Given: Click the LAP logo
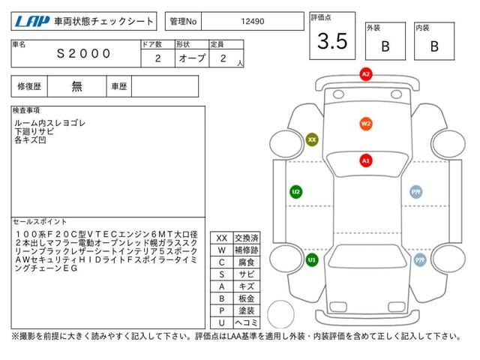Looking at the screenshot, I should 33,22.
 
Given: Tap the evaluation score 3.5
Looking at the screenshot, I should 332,42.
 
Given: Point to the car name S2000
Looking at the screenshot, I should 84,53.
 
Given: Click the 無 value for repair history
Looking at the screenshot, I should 77,86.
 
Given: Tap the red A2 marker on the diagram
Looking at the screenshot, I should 366,74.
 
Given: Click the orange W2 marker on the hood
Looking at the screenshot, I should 366,124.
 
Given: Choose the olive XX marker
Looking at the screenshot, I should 312,139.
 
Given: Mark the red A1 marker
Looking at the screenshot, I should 366,160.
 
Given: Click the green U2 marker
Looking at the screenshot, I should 296,192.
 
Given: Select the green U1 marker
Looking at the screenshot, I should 312,259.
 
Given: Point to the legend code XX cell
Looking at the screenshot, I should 222,238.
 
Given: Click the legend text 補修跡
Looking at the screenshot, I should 246,250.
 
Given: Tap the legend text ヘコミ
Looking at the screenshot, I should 246,322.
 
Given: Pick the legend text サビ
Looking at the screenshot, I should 246,274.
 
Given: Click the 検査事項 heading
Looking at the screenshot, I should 27,110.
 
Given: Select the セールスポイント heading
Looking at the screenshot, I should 40,222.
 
